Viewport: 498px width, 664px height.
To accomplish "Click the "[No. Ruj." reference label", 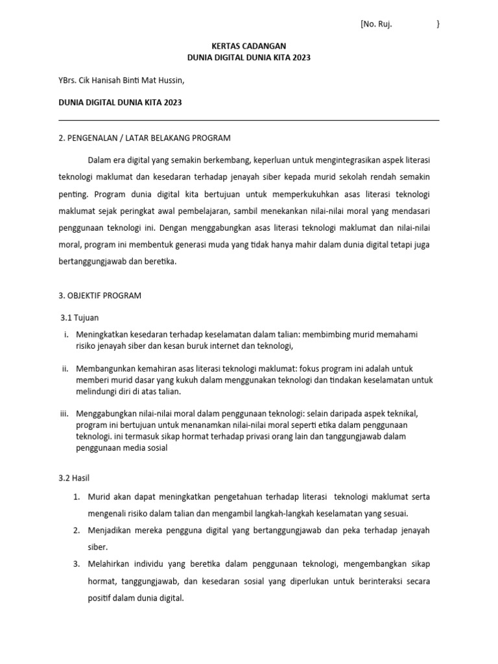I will point(376,25).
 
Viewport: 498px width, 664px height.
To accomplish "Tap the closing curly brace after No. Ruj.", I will point(438,25).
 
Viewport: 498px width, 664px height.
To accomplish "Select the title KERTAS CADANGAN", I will point(248,46).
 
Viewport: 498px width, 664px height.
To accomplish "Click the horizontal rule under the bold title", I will point(248,120).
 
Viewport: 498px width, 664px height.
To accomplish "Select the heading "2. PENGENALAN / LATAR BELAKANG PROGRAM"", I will point(144,137).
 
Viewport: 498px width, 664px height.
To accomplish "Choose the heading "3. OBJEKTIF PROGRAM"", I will point(100,295).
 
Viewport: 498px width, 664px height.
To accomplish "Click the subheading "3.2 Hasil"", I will point(75,478).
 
